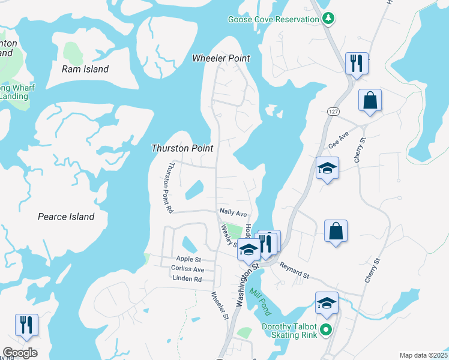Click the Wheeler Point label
221,58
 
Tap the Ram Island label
85,69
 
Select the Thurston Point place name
182,148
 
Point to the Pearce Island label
66,217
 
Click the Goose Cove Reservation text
273,19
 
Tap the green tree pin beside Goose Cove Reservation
328,19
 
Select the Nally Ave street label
234,213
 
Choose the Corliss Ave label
187,269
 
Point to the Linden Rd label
187,279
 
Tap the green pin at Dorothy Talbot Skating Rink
326,329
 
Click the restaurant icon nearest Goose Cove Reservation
357,62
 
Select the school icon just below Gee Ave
328,168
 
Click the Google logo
20,353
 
